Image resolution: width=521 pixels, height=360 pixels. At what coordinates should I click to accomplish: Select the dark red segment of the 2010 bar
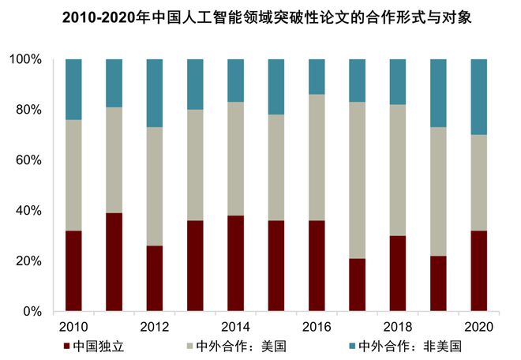click(73, 271)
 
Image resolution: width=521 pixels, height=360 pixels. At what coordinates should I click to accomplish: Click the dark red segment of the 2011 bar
click(114, 262)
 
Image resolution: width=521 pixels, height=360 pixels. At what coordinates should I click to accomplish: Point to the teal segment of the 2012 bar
click(155, 92)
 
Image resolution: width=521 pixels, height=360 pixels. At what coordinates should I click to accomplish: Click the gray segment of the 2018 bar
click(398, 170)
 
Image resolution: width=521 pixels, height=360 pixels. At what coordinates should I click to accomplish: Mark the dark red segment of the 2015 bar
click(276, 266)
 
